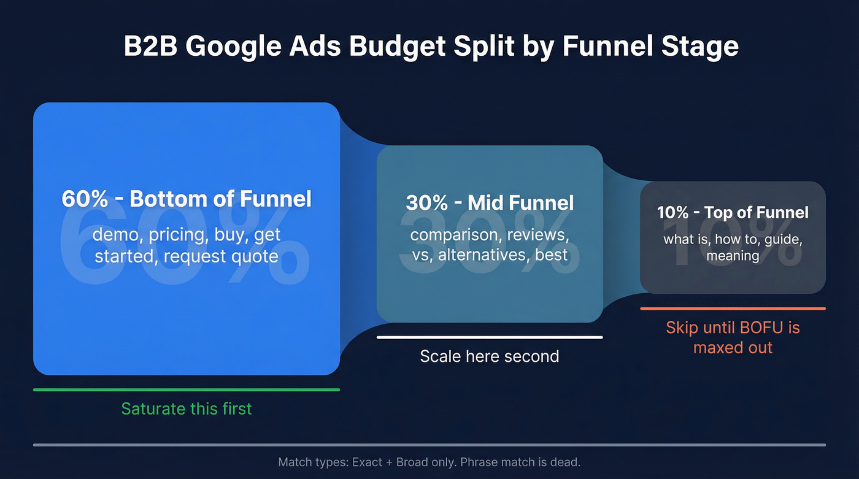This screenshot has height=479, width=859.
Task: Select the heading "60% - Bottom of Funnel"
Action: point(187,199)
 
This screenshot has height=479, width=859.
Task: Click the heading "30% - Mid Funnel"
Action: point(490,203)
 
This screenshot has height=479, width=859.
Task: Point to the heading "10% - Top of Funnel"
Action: point(733,213)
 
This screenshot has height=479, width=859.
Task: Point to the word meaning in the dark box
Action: point(733,255)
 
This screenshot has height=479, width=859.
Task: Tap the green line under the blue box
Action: point(187,389)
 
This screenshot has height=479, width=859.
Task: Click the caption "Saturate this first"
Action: point(187,409)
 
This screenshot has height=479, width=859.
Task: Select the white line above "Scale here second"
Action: point(490,337)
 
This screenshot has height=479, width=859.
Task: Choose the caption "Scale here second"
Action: point(490,356)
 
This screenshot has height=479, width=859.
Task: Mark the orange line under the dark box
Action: point(733,308)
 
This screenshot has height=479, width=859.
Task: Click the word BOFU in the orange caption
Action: point(761,328)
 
